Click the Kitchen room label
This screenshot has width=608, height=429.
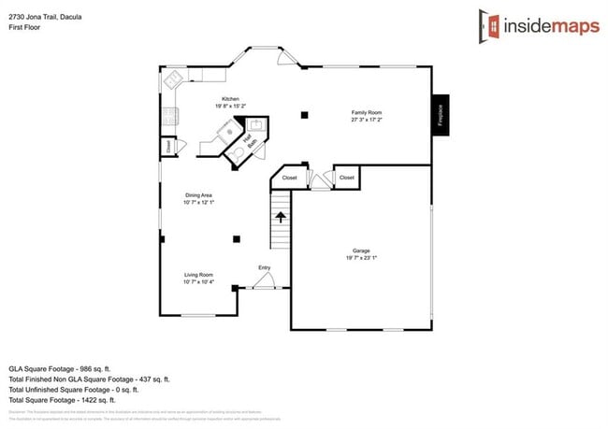(230, 99)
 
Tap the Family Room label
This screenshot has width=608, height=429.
(367, 112)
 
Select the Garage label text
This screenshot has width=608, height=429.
(361, 250)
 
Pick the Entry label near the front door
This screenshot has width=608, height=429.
(265, 268)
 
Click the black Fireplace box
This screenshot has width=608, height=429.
(440, 115)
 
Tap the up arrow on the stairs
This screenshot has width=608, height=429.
(280, 217)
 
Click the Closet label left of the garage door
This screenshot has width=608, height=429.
(289, 178)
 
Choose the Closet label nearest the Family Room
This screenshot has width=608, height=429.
(347, 178)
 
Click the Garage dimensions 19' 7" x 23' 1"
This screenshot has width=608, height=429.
(361, 257)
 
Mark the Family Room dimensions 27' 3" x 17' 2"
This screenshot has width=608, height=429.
(367, 120)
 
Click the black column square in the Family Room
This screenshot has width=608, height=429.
(304, 115)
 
